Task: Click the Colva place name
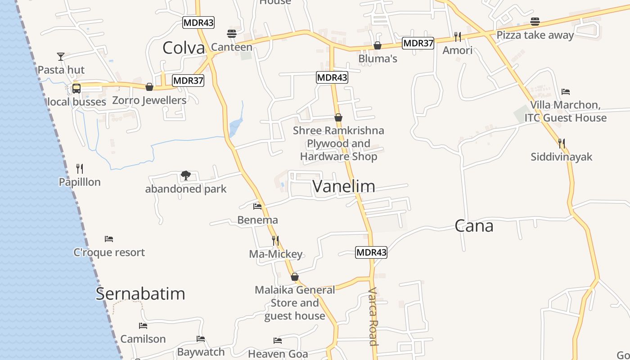184,47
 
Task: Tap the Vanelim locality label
344,186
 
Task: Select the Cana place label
474,225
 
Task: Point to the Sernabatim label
140,293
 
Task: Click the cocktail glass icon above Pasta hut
61,56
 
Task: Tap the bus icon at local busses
76,88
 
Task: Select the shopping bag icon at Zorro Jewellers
149,87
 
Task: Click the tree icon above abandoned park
185,175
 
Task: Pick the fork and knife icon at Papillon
80,169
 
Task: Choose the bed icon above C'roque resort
109,238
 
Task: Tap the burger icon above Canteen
232,33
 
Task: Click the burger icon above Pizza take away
535,22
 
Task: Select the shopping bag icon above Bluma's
378,45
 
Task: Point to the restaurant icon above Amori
458,36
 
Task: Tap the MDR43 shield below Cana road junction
371,252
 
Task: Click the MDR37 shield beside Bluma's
418,43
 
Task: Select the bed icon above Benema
257,207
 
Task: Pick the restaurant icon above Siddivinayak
562,144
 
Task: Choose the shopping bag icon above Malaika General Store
295,277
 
